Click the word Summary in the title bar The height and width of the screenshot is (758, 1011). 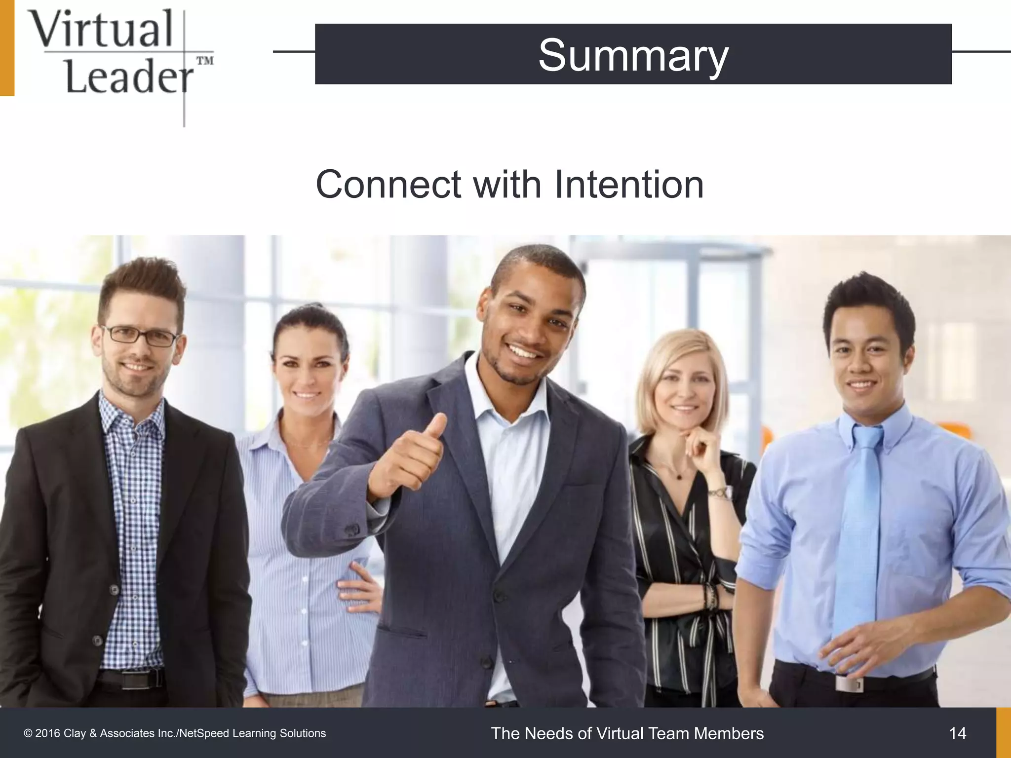633,56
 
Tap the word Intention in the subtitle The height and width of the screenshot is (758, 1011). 629,185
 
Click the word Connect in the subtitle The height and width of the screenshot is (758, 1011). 389,185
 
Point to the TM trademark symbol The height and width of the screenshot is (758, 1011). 205,61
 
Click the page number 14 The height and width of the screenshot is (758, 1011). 957,733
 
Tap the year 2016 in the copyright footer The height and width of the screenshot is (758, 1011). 47,734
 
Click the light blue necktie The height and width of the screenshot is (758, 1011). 859,533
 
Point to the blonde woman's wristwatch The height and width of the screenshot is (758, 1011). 721,492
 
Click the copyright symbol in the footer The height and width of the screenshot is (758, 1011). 28,734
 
